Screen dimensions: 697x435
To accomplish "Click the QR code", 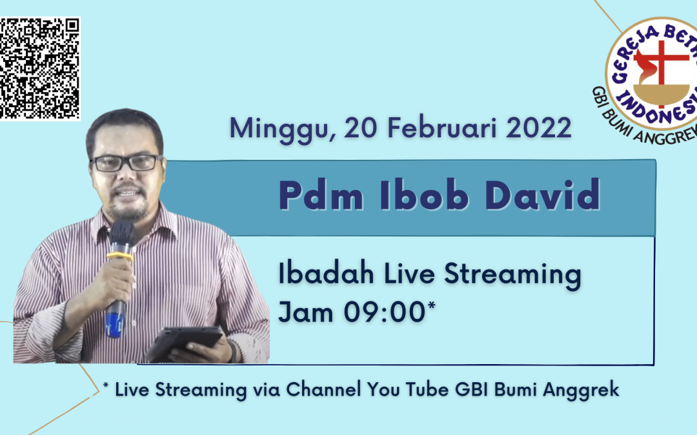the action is click(x=39, y=68).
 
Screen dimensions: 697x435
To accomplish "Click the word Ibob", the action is click(x=424, y=195).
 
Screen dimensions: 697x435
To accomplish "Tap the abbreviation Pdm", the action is click(x=321, y=195).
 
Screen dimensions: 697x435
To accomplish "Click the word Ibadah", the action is click(x=326, y=273).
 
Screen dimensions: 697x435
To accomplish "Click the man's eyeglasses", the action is click(x=126, y=162).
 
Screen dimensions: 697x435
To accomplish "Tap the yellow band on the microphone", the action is click(x=120, y=256).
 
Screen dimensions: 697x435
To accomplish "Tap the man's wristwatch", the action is click(x=232, y=351).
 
